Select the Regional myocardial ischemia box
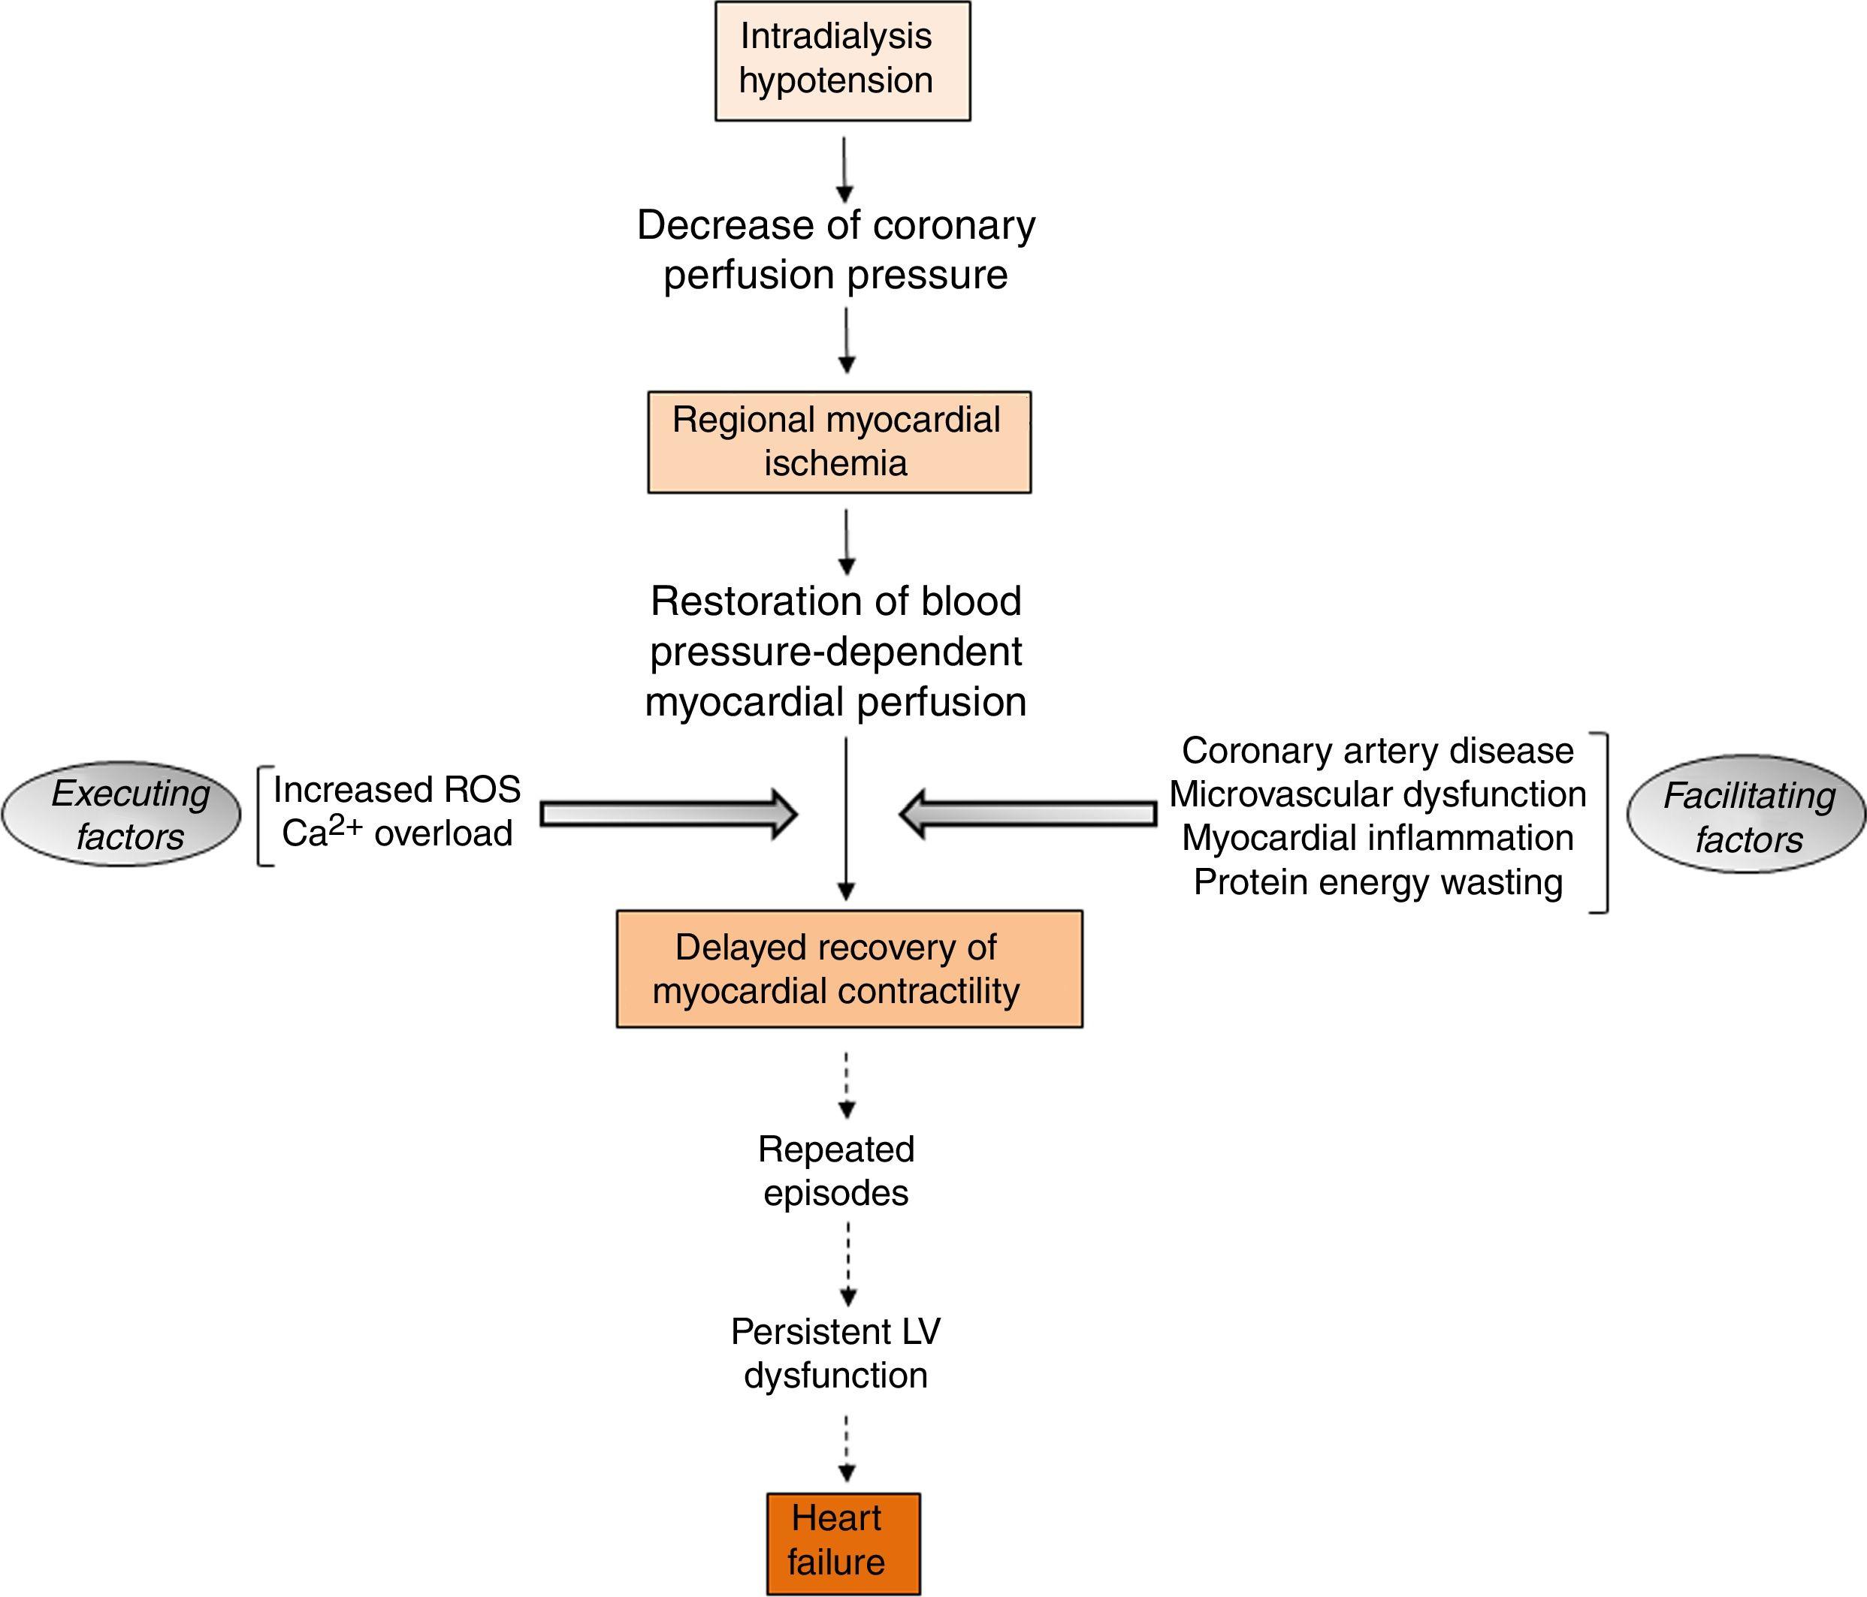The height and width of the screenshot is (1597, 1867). (839, 442)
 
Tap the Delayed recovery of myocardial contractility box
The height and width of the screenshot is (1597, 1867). (849, 969)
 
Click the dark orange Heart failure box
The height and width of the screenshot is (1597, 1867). (844, 1544)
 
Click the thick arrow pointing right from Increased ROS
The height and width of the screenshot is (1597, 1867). (668, 814)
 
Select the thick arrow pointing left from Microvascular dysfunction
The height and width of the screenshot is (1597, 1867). (1027, 814)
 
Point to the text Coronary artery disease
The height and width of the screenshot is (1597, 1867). (1377, 750)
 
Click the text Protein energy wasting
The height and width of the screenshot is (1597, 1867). (1377, 881)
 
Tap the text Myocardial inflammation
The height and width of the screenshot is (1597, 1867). (1377, 838)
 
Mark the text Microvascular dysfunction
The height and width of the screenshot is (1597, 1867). (1377, 794)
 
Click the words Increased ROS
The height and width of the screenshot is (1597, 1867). (397, 790)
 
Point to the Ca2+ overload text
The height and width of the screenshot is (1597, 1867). (397, 833)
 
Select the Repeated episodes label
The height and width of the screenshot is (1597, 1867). (836, 1171)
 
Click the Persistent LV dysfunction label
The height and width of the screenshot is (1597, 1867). (836, 1353)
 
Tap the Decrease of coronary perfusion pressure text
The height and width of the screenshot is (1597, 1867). (836, 249)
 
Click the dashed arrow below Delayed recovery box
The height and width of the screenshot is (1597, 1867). (846, 1084)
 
